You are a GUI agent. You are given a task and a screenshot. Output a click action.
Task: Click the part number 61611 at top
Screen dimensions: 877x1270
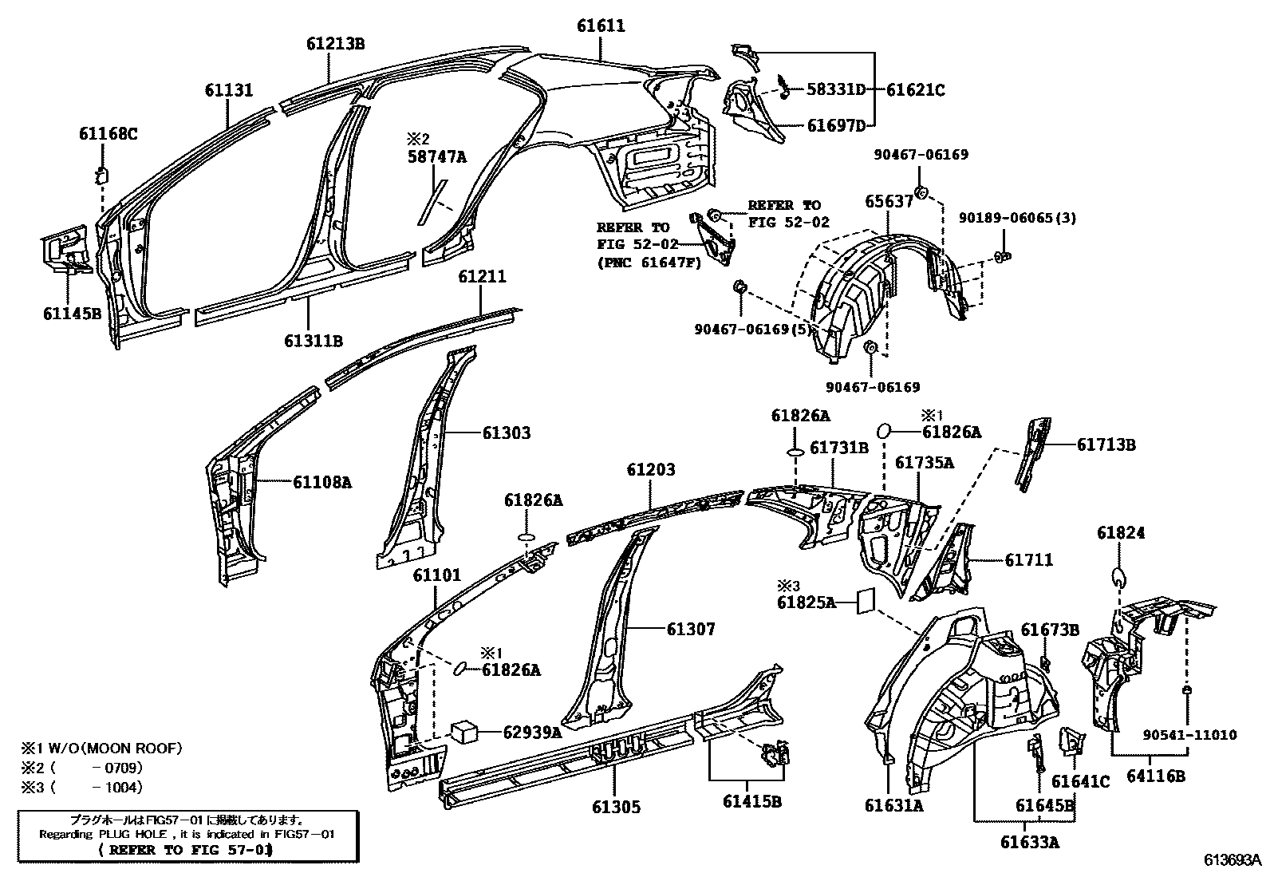tap(601, 26)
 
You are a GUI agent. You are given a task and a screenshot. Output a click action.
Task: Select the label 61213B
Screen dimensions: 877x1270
tap(335, 44)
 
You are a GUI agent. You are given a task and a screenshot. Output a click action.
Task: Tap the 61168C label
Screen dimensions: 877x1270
tap(108, 134)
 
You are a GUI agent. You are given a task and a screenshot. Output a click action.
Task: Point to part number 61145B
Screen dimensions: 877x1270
tap(72, 314)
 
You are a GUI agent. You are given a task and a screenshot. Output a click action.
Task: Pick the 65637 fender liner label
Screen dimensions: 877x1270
tap(889, 202)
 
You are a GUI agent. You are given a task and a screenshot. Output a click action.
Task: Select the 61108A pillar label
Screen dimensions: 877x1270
tap(321, 482)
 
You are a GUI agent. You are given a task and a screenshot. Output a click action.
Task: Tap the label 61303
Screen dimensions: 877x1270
tap(506, 433)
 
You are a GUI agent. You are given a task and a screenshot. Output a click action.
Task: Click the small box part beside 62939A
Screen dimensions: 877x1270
tap(464, 732)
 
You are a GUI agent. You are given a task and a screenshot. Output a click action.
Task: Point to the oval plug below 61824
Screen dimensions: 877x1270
tap(1118, 577)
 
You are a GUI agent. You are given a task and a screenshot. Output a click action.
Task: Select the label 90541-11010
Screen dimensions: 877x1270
tap(1188, 735)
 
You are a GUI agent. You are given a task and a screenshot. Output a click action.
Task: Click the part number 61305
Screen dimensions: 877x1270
tap(616, 807)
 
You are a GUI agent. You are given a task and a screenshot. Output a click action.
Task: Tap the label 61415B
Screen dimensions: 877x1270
tap(751, 800)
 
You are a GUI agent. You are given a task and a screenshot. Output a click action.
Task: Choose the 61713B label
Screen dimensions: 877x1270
tap(1106, 445)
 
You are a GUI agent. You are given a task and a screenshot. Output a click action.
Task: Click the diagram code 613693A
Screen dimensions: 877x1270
tap(1233, 860)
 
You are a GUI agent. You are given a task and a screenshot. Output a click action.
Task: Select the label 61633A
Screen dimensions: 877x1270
tap(1031, 842)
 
